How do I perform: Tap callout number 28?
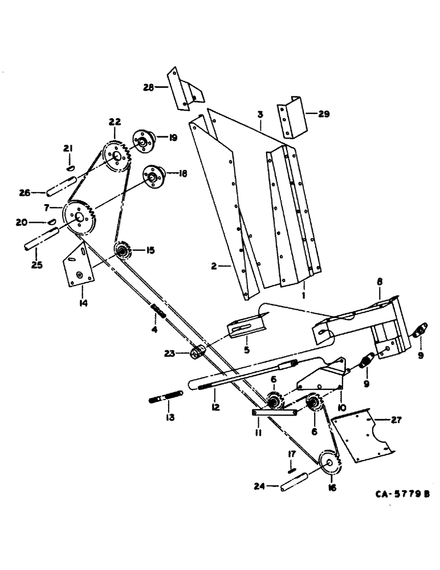pyautogui.click(x=149, y=87)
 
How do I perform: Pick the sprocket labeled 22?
pyautogui.click(x=116, y=156)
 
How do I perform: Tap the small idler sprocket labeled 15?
pyautogui.click(x=122, y=250)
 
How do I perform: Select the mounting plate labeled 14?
pyautogui.click(x=79, y=263)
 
